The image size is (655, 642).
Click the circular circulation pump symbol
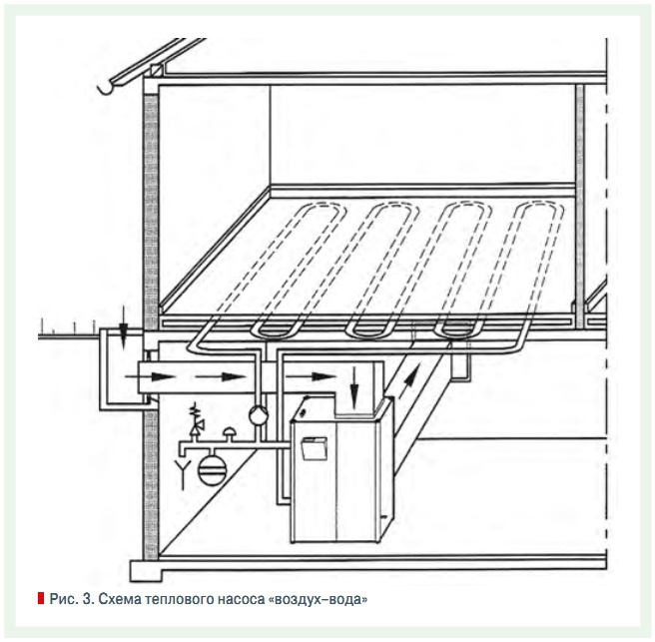[259, 414]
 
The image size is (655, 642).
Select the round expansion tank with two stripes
[213, 469]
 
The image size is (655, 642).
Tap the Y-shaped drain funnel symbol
[183, 473]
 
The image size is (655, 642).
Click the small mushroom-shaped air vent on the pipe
[230, 434]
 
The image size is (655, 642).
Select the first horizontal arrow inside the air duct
[151, 376]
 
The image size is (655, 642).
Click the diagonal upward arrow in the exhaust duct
[407, 381]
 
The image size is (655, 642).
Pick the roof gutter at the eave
[106, 87]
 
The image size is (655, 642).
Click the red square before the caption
[41, 598]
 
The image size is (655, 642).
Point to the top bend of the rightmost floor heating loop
[538, 207]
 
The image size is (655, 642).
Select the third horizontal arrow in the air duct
[311, 376]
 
